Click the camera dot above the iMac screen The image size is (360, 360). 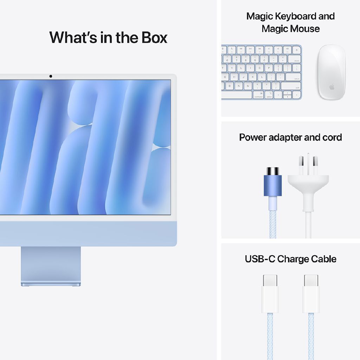pyautogui.click(x=51, y=76)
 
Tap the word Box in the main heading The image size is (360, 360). pyautogui.click(x=155, y=38)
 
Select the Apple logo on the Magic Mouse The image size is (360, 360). pyautogui.click(x=332, y=86)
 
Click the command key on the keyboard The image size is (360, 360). pyautogui.click(x=258, y=95)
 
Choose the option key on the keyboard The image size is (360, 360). pyautogui.click(x=269, y=95)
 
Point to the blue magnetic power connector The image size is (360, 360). pyautogui.click(x=273, y=185)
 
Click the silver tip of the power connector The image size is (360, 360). pyautogui.click(x=273, y=171)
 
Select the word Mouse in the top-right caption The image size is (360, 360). pyautogui.click(x=303, y=29)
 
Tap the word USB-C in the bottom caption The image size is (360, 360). pyautogui.click(x=260, y=259)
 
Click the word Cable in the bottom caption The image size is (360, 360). pyautogui.click(x=322, y=259)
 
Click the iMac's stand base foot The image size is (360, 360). pyautogui.click(x=51, y=283)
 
